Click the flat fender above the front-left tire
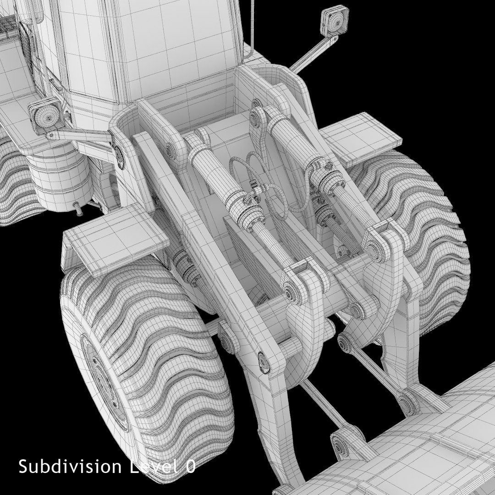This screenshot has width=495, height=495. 115,238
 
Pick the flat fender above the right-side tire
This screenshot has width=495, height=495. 362,137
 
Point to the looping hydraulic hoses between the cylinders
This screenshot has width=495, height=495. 257,179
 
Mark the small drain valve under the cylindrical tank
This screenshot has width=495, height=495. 78,208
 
